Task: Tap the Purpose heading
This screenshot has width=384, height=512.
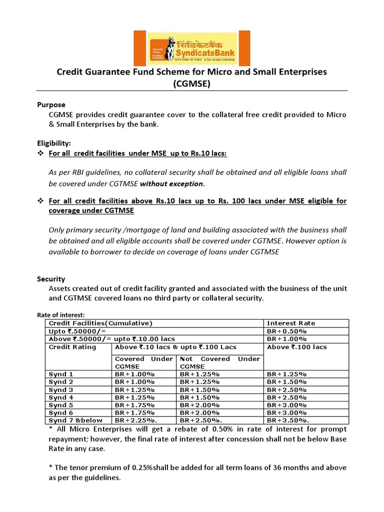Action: click(51, 104)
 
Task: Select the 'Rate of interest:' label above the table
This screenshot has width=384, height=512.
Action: click(61, 314)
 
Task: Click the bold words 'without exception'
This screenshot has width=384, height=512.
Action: click(171, 183)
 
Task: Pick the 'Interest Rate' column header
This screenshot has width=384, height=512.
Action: click(291, 323)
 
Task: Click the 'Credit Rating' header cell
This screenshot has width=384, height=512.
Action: click(72, 347)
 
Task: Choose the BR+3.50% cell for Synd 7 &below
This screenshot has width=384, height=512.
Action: click(286, 421)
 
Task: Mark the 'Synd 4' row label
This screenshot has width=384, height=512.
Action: click(61, 397)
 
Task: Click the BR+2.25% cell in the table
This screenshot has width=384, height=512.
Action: click(135, 421)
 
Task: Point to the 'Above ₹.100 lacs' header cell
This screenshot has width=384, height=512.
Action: click(296, 347)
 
